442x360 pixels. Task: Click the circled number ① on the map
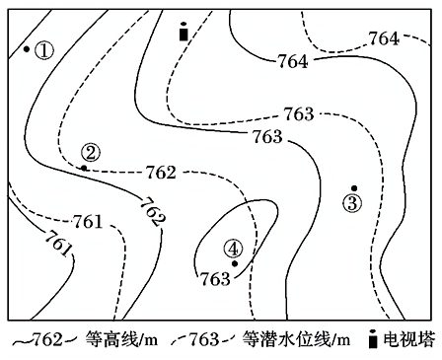pos(44,51)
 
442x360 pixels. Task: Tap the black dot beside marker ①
pos(27,49)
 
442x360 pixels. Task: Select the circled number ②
pos(91,153)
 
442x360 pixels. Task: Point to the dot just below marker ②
pos(84,168)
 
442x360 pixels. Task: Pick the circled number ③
pos(352,203)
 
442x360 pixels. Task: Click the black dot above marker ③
pos(354,188)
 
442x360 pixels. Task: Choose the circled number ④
pos(233,249)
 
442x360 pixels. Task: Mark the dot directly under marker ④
pos(235,263)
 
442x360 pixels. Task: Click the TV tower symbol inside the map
pos(184,32)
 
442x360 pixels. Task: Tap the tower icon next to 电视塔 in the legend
pos(373,338)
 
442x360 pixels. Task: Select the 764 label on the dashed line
pos(384,38)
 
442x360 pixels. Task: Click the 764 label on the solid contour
pos(293,61)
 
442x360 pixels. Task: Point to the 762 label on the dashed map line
pos(161,173)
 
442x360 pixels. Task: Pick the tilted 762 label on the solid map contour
pos(152,212)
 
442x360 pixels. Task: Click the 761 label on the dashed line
pos(88,222)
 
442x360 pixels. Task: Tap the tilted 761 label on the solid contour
pos(58,244)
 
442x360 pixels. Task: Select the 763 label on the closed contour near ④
pos(215,279)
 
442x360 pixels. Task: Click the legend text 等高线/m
pos(121,339)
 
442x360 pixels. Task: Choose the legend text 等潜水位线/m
pos(296,339)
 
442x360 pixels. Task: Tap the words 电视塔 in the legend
pos(409,339)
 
